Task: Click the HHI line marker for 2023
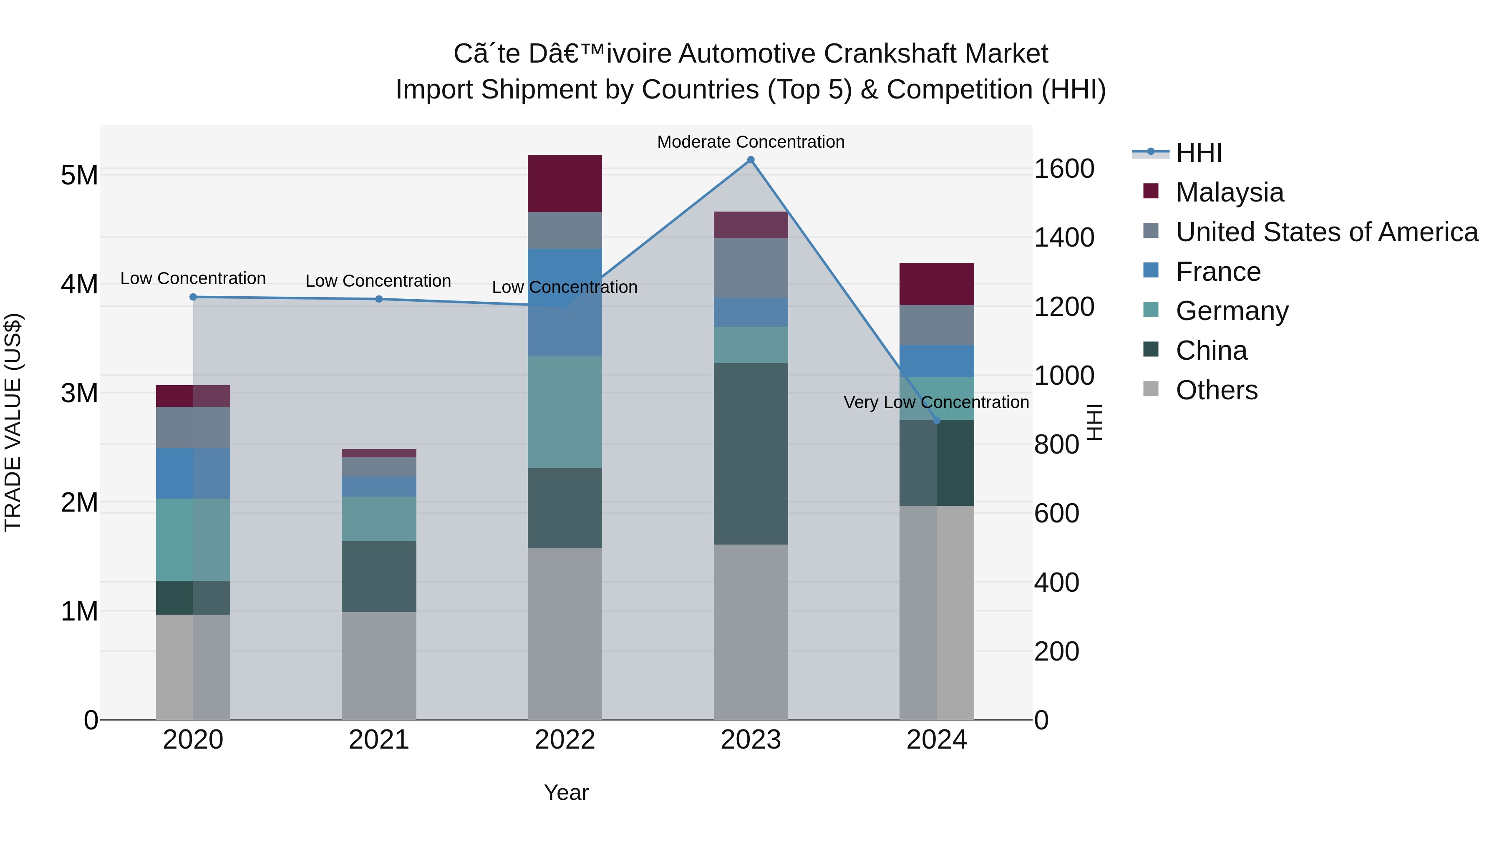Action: pyautogui.click(x=751, y=160)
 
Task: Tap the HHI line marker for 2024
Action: pyautogui.click(x=936, y=421)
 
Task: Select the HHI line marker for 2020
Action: pyautogui.click(x=193, y=297)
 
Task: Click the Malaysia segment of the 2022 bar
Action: pyautogui.click(x=565, y=183)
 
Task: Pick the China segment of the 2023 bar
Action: pyautogui.click(x=751, y=454)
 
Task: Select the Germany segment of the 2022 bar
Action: pyautogui.click(x=565, y=412)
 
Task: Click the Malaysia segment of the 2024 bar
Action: pyautogui.click(x=936, y=284)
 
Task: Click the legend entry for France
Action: pyautogui.click(x=1218, y=272)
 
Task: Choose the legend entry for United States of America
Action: pyautogui.click(x=1326, y=232)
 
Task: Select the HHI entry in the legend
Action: pyautogui.click(x=1198, y=153)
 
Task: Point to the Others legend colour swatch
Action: pyautogui.click(x=1150, y=389)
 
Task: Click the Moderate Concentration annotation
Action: pyautogui.click(x=751, y=142)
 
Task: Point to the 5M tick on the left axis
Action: pyautogui.click(x=79, y=175)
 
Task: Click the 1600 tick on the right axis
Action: pyautogui.click(x=1063, y=169)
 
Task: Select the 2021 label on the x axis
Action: pyautogui.click(x=378, y=740)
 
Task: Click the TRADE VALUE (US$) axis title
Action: pyautogui.click(x=13, y=422)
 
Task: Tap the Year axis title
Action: pyautogui.click(x=566, y=792)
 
